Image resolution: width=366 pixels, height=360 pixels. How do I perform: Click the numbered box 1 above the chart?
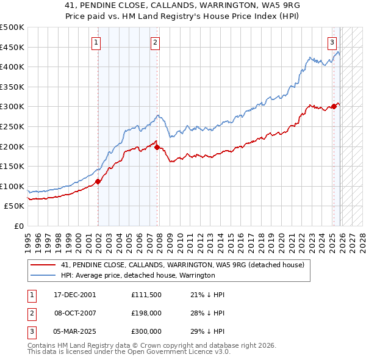[97, 42]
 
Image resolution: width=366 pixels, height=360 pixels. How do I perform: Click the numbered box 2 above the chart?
[156, 42]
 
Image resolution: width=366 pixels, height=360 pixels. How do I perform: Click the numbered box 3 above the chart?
[332, 42]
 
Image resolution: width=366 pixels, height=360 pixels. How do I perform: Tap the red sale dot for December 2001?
[98, 181]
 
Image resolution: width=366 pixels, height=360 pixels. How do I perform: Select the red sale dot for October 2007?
[157, 147]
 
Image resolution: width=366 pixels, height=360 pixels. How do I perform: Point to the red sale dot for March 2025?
[334, 106]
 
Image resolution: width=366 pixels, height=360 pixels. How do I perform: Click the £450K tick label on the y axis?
[13, 47]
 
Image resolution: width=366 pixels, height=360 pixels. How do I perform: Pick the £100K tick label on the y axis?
[13, 186]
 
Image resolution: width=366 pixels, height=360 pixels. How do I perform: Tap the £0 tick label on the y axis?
[18, 226]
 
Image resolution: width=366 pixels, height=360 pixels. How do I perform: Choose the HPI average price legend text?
[138, 275]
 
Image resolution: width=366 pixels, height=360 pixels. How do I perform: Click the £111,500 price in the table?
[146, 295]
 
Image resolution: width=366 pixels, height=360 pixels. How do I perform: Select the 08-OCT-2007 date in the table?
[74, 313]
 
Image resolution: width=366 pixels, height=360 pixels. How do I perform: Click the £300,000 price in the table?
[146, 331]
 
